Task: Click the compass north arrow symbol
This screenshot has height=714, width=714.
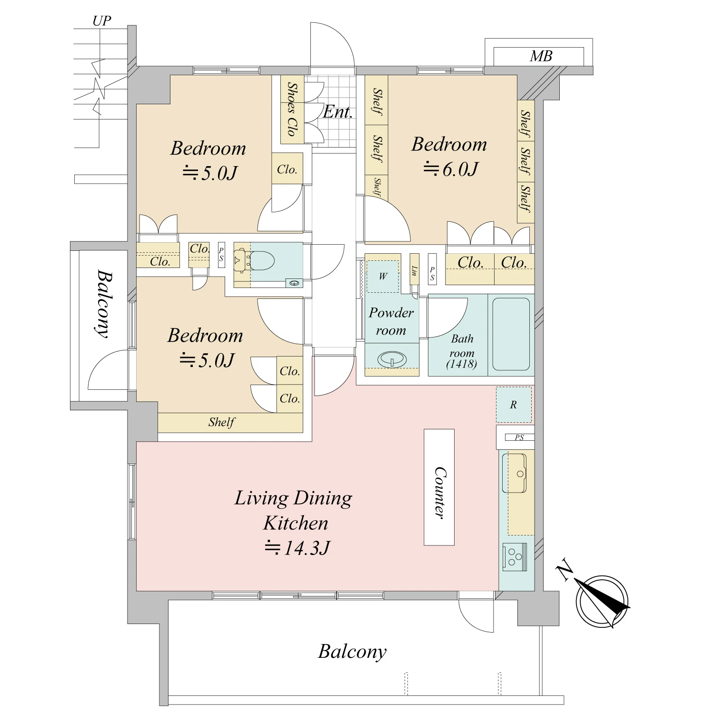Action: pyautogui.click(x=602, y=600)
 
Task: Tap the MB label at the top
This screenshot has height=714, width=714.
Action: pyautogui.click(x=541, y=56)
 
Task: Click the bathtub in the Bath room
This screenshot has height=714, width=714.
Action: pyautogui.click(x=511, y=334)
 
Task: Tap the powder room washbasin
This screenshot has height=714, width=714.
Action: pyautogui.click(x=392, y=359)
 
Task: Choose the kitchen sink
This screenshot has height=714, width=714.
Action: pyautogui.click(x=514, y=473)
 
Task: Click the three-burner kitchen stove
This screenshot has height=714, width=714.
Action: pyautogui.click(x=515, y=556)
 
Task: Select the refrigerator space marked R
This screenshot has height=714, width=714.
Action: pyautogui.click(x=514, y=405)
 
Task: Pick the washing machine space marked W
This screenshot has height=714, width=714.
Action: pyautogui.click(x=383, y=277)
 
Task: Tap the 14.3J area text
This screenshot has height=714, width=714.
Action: pyautogui.click(x=297, y=548)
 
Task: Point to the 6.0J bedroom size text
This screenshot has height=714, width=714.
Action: pyautogui.click(x=450, y=169)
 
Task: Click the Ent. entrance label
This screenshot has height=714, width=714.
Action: pyautogui.click(x=337, y=112)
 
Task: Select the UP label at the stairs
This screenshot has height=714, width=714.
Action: pyautogui.click(x=101, y=21)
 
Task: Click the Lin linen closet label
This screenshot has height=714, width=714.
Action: pyautogui.click(x=414, y=271)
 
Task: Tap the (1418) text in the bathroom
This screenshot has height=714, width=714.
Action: pyautogui.click(x=462, y=364)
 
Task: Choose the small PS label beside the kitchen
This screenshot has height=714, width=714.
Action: pyautogui.click(x=519, y=437)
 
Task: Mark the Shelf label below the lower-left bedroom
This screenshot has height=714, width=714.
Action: pyautogui.click(x=221, y=422)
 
